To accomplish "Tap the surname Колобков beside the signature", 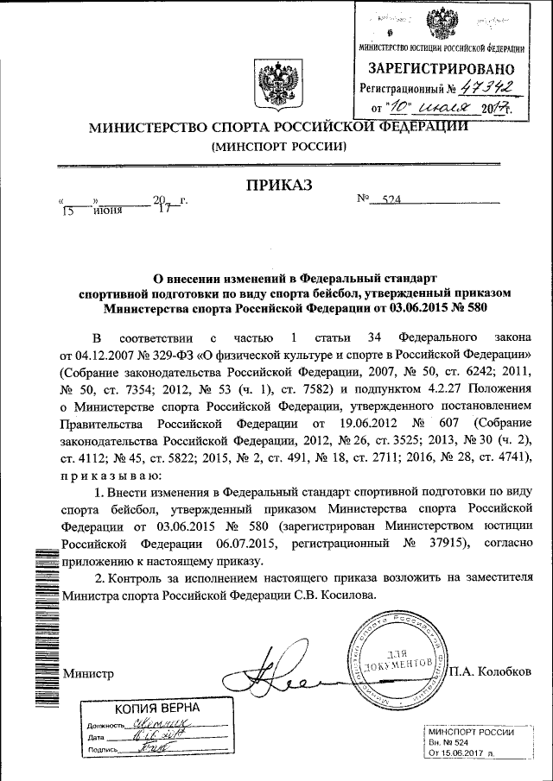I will click(505, 672).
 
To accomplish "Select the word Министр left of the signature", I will click(89, 673).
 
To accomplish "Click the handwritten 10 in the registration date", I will click(403, 107).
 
